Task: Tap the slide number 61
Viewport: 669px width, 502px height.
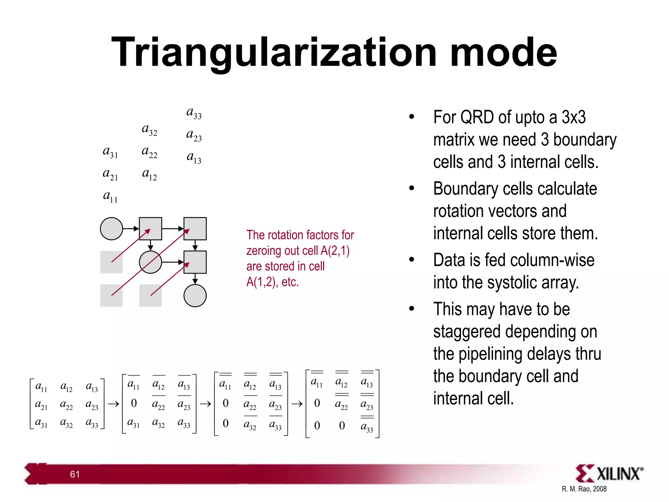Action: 75,474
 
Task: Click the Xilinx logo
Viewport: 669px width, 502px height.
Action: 609,473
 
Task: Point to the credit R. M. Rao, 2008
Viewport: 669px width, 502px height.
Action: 584,489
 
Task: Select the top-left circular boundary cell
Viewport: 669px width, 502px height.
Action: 111,229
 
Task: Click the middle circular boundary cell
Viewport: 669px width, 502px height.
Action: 150,262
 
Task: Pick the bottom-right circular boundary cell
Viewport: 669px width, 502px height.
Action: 195,295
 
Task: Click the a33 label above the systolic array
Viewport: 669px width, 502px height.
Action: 194,113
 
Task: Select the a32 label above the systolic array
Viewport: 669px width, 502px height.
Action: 150,130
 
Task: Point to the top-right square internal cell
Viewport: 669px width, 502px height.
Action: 195,229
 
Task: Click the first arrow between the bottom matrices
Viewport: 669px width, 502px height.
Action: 113,404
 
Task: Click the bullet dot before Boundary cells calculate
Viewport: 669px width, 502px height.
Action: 412,188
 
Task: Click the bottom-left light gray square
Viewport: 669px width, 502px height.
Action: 111,295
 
